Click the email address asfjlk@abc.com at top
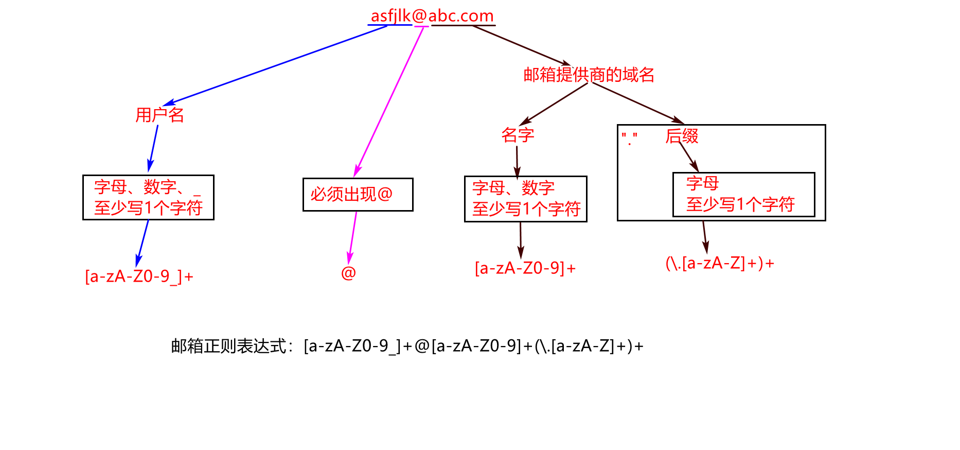tap(432, 16)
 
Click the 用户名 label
tap(159, 115)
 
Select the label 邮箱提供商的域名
tap(589, 75)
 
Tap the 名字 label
tap(518, 135)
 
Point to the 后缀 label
tap(682, 136)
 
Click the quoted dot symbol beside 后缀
tap(629, 139)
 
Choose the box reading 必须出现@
tap(358, 195)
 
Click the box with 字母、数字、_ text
tap(148, 198)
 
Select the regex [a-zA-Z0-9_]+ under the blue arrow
tap(139, 276)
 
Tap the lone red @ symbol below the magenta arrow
tap(348, 273)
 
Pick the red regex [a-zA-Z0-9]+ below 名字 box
tap(525, 268)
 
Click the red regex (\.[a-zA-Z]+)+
tap(720, 264)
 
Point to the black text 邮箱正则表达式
tap(228, 346)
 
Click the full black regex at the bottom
tap(473, 346)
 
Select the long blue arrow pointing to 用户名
tap(275, 65)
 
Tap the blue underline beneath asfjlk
tap(389, 25)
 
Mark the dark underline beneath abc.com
tap(463, 25)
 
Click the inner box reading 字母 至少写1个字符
tap(743, 195)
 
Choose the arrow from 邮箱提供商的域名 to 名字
tap(554, 103)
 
